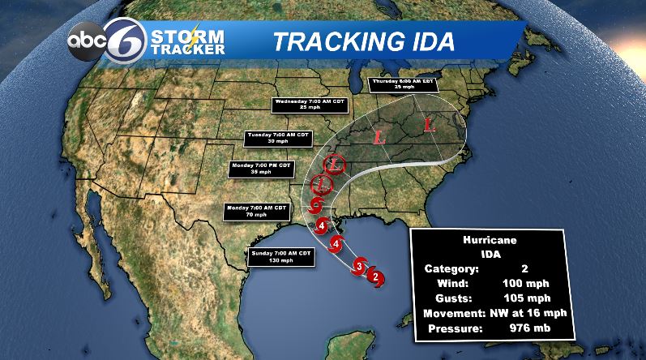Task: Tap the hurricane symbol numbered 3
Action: [359, 264]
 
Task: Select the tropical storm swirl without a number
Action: [319, 202]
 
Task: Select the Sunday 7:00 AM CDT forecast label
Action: [277, 256]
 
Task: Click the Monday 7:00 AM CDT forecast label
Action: [256, 211]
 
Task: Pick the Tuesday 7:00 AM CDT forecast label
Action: [277, 138]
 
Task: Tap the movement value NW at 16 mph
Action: [527, 313]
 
